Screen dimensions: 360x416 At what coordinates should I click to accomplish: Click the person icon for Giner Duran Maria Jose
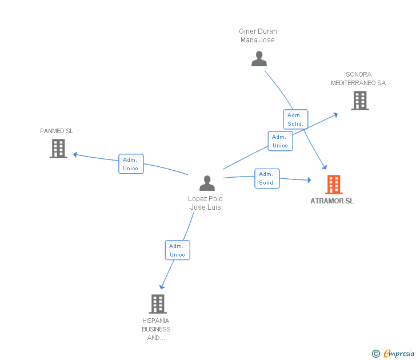click(x=259, y=59)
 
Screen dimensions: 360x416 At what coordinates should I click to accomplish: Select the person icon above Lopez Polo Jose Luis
click(x=207, y=183)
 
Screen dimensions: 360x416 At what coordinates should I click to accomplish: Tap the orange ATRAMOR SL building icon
click(x=333, y=185)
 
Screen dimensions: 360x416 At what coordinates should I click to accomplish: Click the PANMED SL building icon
click(x=58, y=149)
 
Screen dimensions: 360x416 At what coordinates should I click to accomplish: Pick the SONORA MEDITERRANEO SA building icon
click(x=359, y=101)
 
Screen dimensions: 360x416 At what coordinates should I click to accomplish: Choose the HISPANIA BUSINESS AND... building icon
click(x=158, y=303)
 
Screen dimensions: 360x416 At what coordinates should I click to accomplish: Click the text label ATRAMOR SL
click(x=332, y=201)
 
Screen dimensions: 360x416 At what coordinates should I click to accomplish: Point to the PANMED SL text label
click(x=57, y=131)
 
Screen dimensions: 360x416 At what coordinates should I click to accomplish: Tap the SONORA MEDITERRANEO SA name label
click(x=358, y=79)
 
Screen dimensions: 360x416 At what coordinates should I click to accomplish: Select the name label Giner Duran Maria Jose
click(x=258, y=35)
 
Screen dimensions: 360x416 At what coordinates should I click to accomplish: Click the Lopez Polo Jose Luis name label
click(x=205, y=203)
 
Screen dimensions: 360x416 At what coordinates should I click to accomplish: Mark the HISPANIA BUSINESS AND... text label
click(x=156, y=329)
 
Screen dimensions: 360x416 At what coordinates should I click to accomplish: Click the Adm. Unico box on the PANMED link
click(x=131, y=164)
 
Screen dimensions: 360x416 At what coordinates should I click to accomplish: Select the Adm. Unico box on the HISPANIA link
click(x=177, y=250)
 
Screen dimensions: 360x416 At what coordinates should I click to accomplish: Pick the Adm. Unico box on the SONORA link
click(x=280, y=141)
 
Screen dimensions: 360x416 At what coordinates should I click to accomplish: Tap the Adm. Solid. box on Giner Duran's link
click(x=295, y=119)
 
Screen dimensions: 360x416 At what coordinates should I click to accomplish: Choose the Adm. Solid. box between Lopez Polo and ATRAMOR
click(x=267, y=178)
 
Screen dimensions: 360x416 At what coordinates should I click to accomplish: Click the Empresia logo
click(x=393, y=354)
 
